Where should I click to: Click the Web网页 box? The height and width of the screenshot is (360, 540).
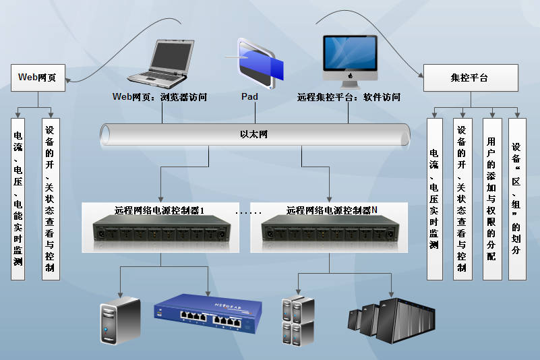pyautogui.click(x=38, y=78)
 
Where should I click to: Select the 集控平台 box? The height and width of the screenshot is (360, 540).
pyautogui.click(x=470, y=78)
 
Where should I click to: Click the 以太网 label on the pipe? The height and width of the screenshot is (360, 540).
pyautogui.click(x=254, y=135)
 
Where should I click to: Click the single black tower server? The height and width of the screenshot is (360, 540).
pyautogui.click(x=119, y=320)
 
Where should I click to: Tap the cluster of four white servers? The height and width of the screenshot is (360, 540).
pyautogui.click(x=297, y=321)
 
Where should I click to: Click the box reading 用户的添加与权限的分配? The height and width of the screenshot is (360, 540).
pyautogui.click(x=492, y=200)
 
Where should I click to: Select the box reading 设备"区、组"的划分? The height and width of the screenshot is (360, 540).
pyautogui.click(x=516, y=200)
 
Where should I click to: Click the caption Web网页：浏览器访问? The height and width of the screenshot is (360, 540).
pyautogui.click(x=159, y=97)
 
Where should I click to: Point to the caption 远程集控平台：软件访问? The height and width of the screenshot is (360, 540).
pyautogui.click(x=349, y=97)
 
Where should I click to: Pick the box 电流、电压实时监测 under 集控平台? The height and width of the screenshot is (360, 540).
pyautogui.click(x=434, y=200)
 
